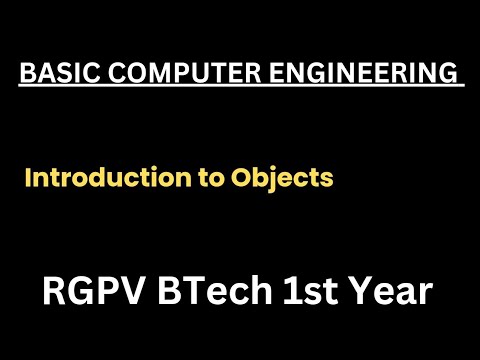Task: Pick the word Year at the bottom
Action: [x=400, y=292]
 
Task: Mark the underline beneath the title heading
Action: [x=240, y=87]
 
